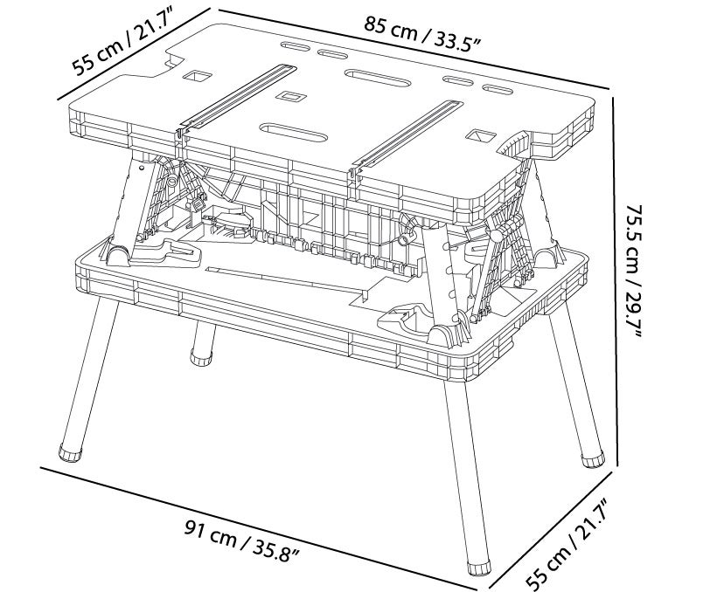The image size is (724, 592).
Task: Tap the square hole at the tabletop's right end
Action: [479, 136]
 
